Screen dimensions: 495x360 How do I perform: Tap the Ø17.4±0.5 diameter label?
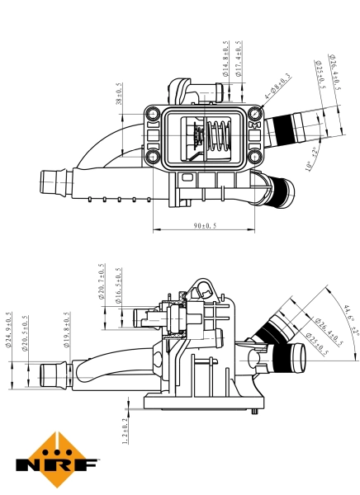tap(239, 59)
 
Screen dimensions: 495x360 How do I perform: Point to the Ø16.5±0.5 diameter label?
tap(119, 286)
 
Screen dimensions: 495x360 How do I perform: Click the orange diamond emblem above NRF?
tap(55, 449)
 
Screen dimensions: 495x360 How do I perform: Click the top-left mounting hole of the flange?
tap(153, 113)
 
